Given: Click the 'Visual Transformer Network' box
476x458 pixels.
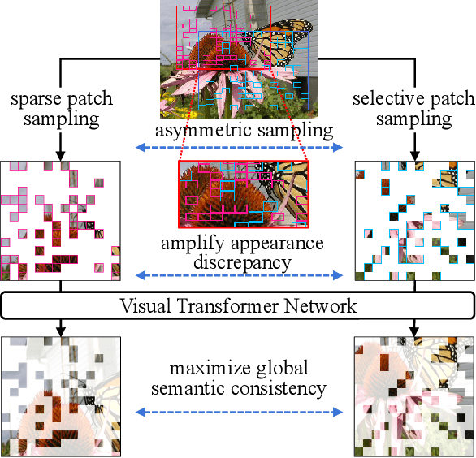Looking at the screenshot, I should (238, 306).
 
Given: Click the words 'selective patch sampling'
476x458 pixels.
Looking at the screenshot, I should (414, 110).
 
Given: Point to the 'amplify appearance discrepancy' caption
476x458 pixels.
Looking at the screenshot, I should (242, 253).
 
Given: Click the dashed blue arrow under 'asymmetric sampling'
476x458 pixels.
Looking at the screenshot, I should (239, 148).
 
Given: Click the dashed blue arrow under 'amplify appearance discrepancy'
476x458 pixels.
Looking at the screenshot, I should (239, 274).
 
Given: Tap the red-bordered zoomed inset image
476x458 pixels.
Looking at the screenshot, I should (244, 194).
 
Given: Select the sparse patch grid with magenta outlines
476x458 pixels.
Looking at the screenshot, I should (61, 221).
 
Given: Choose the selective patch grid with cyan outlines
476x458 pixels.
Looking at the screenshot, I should (414, 221).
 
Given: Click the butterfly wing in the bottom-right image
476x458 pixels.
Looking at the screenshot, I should (447, 357).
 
